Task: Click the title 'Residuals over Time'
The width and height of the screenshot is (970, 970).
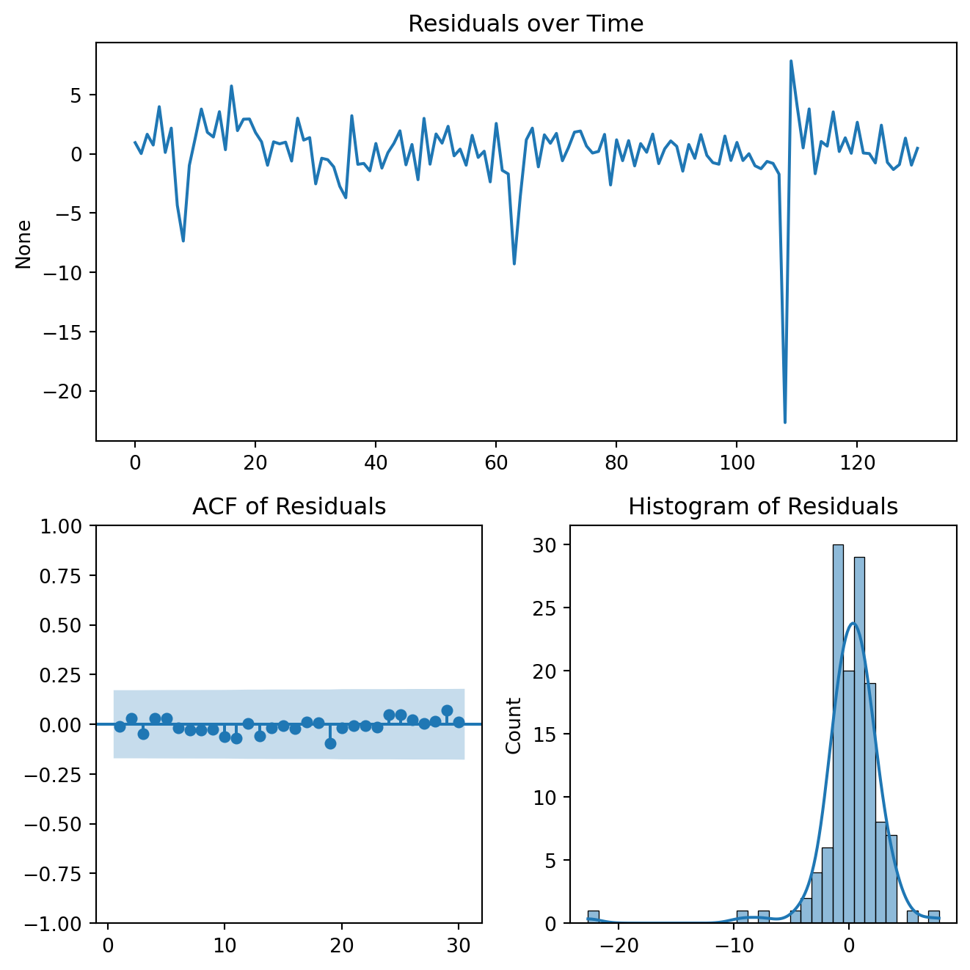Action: [x=525, y=24]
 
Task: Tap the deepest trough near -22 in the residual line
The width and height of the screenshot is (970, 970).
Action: [x=784, y=422]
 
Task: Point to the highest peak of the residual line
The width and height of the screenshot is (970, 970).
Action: [x=790, y=62]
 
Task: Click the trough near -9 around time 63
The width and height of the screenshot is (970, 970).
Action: [x=514, y=263]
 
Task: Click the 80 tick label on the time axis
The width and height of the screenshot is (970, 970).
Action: [x=616, y=463]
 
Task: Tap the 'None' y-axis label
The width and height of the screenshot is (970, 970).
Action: [x=23, y=244]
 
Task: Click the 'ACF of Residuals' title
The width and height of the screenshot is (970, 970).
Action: [x=289, y=507]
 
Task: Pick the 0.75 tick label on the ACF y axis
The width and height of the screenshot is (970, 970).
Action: [x=64, y=576]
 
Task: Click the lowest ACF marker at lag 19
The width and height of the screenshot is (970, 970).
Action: [x=330, y=743]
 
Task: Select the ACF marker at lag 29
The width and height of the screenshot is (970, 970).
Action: [x=447, y=710]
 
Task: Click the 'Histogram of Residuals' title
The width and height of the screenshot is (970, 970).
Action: [x=763, y=507]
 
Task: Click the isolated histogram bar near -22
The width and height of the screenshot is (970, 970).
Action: [x=593, y=916]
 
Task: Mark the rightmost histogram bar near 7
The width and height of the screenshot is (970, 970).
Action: [x=933, y=916]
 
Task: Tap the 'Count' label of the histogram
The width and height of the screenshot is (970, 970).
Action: [x=514, y=725]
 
